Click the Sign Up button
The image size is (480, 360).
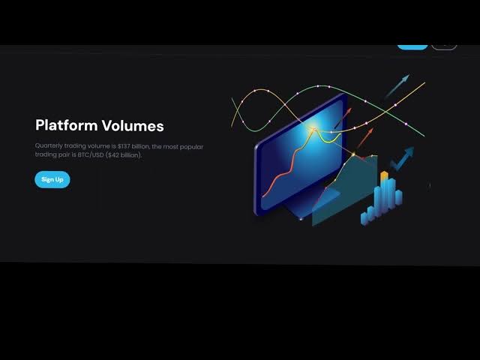coord(52,179)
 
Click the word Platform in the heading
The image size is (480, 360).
coord(67,125)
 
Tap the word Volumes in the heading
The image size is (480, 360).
coord(133,125)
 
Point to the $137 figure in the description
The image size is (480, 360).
coord(124,146)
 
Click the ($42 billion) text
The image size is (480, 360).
coord(124,155)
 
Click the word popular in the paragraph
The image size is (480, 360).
coord(191,147)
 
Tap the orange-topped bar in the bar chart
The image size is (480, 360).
coord(385,190)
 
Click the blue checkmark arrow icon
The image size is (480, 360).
coord(402,158)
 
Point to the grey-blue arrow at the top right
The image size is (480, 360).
coord(397,86)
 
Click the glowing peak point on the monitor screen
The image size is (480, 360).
coord(314,130)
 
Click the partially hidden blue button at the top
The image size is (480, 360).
coord(412,47)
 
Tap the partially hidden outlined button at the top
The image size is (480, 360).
coord(444,47)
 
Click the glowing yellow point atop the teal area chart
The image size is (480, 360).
coord(353,154)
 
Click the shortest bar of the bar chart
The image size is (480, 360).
coord(364,218)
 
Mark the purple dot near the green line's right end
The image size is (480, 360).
coord(406,124)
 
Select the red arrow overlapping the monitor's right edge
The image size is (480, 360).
coord(343,118)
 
